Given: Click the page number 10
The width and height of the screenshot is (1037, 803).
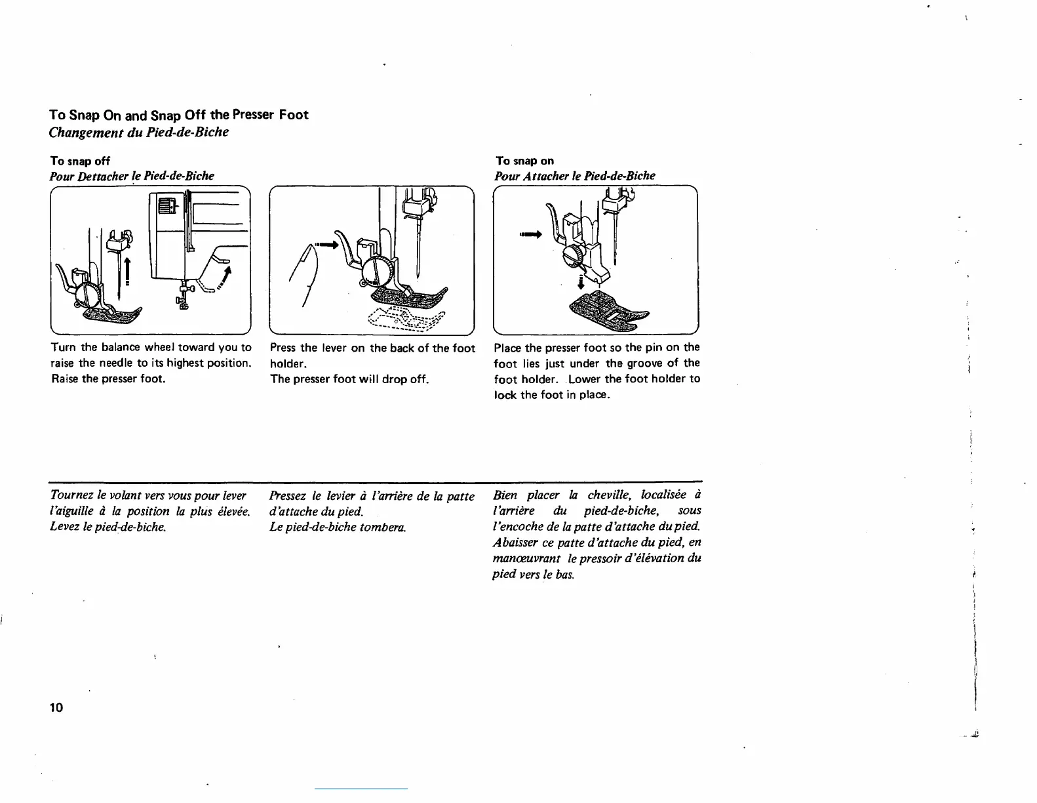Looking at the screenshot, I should [56, 707].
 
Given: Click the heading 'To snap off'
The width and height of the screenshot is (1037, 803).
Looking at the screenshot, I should [80, 161].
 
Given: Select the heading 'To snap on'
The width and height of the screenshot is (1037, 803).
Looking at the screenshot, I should [524, 161].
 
